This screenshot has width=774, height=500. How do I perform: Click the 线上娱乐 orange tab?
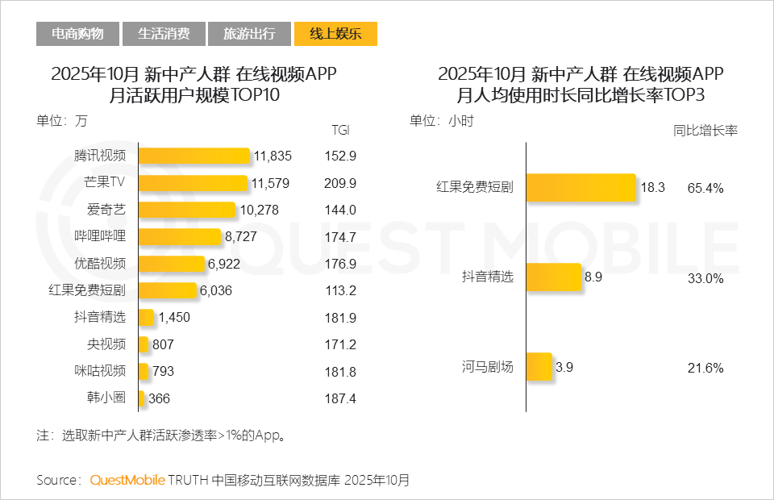[336, 34]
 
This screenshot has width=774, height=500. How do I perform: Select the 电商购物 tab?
[77, 34]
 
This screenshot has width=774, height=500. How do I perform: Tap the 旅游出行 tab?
[249, 34]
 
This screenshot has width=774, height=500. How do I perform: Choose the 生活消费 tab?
[164, 34]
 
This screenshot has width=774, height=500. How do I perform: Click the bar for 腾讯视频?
[193, 156]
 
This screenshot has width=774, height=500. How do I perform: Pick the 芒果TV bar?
[193, 183]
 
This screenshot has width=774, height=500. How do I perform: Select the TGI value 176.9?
[340, 264]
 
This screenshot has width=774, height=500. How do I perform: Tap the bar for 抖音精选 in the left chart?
[146, 318]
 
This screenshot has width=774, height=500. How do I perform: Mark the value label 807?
[163, 344]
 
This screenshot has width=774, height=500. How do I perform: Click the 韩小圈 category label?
[106, 398]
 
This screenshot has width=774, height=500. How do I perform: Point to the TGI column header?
[340, 130]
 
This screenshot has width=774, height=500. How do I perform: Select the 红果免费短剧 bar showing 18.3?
[581, 188]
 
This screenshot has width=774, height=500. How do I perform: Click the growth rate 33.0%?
[705, 278]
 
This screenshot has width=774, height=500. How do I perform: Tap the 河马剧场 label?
[488, 368]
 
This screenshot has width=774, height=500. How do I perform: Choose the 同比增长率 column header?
[705, 129]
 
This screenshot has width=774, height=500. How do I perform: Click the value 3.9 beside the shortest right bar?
[564, 368]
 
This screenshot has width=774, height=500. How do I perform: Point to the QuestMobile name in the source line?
[127, 481]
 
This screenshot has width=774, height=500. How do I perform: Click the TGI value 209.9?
[340, 183]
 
